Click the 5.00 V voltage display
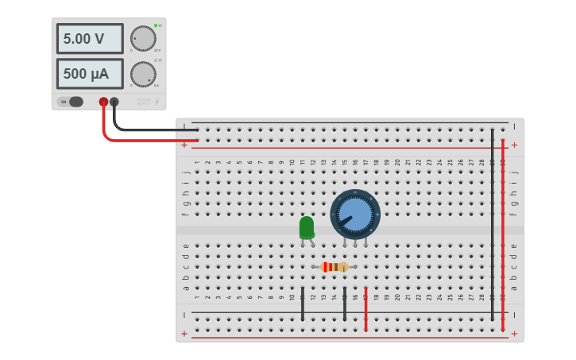tap(89, 38)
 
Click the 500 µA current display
tap(89, 74)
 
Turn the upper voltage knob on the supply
tap(143, 38)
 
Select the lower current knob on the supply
tap(143, 74)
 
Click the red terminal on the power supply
tap(103, 102)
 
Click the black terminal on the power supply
tap(114, 102)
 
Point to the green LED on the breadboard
tap(307, 228)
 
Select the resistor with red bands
tap(334, 267)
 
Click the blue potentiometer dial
tap(355, 214)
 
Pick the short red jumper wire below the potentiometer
tap(365, 308)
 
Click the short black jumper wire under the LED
tap(303, 304)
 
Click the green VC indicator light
tap(156, 25)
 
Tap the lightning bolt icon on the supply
tap(157, 102)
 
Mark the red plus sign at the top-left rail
tap(184, 145)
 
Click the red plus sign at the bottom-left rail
tap(184, 334)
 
